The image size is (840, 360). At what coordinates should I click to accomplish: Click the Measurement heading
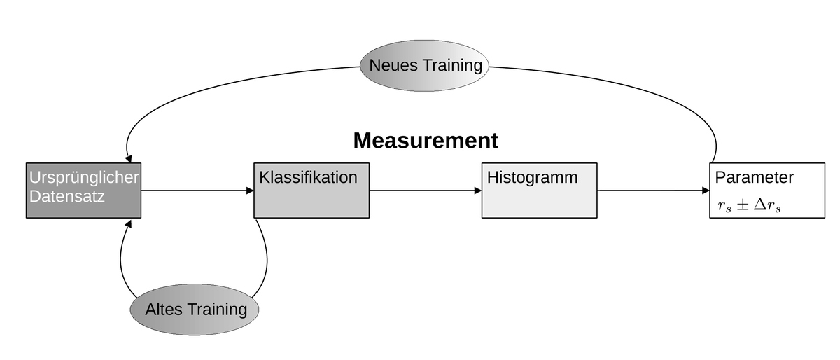pyautogui.click(x=426, y=141)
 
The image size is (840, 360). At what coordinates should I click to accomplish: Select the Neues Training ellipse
pyautogui.click(x=424, y=66)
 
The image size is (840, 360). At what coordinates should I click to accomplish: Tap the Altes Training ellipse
pyautogui.click(x=195, y=310)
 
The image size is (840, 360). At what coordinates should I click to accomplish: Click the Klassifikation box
pyautogui.click(x=311, y=191)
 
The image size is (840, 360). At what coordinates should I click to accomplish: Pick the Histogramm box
pyautogui.click(x=539, y=191)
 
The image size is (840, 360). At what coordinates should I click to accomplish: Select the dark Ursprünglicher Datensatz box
pyautogui.click(x=83, y=191)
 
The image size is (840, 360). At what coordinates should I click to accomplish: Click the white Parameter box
pyautogui.click(x=767, y=191)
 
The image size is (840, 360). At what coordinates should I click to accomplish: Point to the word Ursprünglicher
pyautogui.click(x=84, y=178)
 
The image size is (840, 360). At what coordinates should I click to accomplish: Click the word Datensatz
pyautogui.click(x=66, y=196)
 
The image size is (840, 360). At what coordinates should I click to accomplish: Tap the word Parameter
pyautogui.click(x=754, y=178)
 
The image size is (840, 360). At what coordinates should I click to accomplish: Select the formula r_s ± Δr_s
pyautogui.click(x=749, y=205)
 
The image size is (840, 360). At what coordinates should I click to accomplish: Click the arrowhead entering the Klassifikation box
pyautogui.click(x=250, y=191)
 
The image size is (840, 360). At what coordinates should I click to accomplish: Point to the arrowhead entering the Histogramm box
pyautogui.click(x=477, y=191)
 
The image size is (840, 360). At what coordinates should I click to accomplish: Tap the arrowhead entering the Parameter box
pyautogui.click(x=706, y=191)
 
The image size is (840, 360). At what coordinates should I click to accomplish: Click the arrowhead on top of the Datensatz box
pyautogui.click(x=129, y=159)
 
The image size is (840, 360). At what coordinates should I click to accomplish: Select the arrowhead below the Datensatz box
pyautogui.click(x=128, y=224)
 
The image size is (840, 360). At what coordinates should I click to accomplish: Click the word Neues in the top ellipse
pyautogui.click(x=393, y=65)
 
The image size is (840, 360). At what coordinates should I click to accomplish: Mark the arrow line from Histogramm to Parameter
pyautogui.click(x=653, y=191)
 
